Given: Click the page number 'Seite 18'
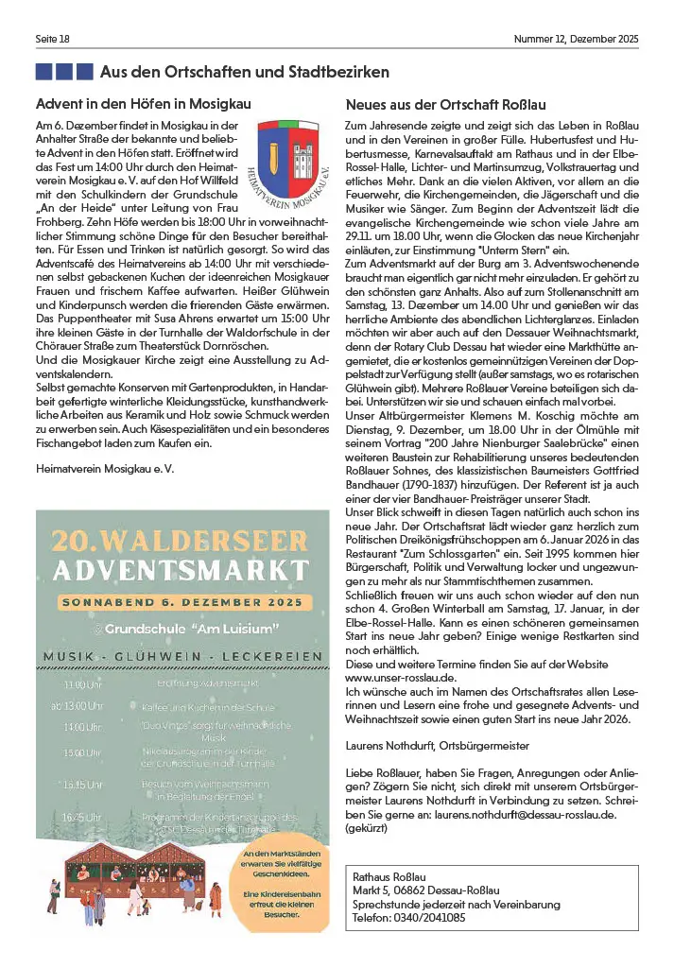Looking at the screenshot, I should pos(53,39).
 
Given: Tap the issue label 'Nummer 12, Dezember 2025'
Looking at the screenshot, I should pos(576,39).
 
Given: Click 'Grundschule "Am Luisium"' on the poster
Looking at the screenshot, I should pos(193,628).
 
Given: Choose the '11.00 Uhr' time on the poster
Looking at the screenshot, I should pos(83,683).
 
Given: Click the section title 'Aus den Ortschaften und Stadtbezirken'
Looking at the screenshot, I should pos(244,72).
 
